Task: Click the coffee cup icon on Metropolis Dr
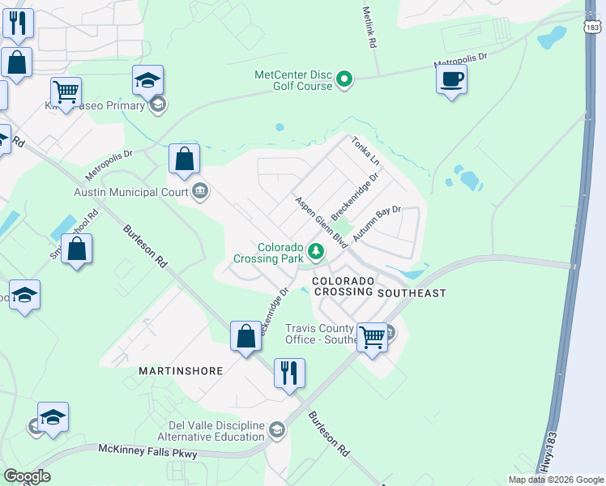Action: (x=451, y=79)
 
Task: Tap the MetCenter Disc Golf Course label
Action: (x=293, y=80)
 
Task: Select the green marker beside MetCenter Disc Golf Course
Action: (x=344, y=79)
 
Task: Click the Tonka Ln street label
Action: (x=365, y=151)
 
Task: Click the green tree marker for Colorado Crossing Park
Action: (x=315, y=254)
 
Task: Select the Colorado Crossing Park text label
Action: (x=269, y=253)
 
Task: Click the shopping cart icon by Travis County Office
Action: (x=372, y=335)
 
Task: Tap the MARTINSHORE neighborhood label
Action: (x=180, y=371)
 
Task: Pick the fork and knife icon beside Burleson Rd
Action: (x=289, y=373)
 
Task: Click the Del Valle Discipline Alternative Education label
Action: (x=216, y=432)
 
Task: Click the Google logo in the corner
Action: (x=27, y=476)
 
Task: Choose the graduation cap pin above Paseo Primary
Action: (x=148, y=80)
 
